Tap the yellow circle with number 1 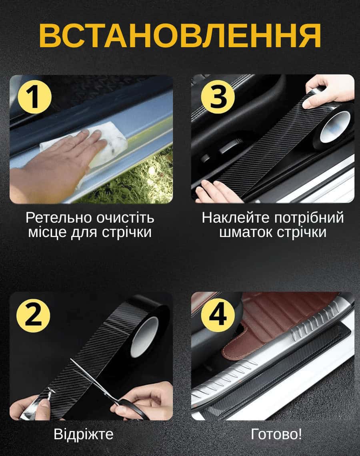coord(35,97)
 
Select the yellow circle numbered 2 coord(33,315)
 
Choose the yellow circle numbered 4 coord(218,314)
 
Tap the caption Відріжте coord(84,434)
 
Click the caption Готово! coord(276,434)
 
